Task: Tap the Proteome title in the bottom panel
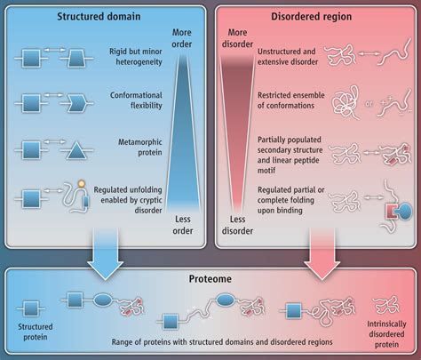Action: coord(210,279)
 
